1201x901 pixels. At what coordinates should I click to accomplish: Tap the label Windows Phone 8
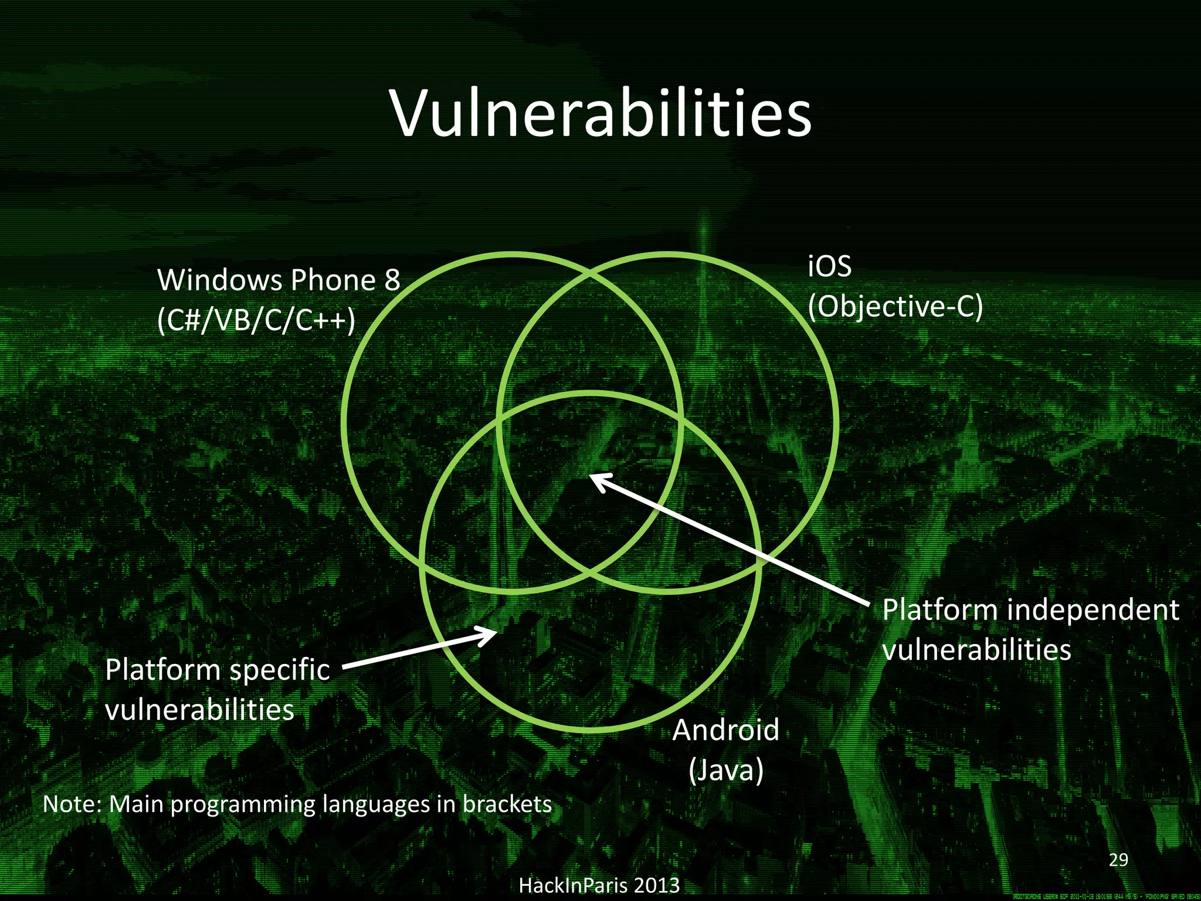click(279, 280)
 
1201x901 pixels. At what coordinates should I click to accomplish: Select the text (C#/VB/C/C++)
click(256, 320)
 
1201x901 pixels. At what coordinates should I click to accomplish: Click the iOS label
click(829, 267)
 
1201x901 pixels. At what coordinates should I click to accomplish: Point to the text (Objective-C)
click(895, 306)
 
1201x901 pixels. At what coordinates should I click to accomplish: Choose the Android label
click(726, 730)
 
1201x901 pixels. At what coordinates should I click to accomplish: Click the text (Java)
click(726, 770)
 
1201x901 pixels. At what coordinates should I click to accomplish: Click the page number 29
click(1119, 860)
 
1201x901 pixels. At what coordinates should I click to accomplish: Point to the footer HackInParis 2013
click(599, 885)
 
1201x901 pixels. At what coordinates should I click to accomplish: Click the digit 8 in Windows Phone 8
click(392, 280)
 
